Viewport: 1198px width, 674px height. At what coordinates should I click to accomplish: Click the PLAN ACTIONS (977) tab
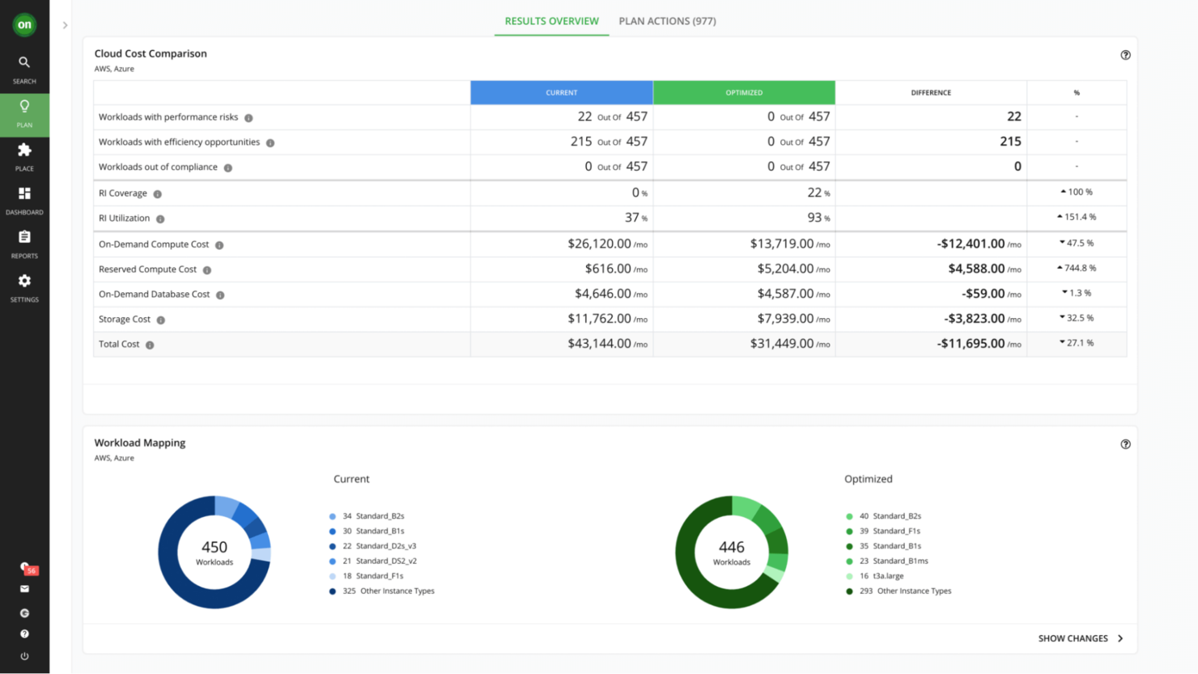667,21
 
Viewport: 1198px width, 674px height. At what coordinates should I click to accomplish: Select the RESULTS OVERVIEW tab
551,21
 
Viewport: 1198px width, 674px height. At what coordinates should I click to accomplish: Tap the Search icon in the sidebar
24,62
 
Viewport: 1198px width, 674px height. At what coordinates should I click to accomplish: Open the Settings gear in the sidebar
24,281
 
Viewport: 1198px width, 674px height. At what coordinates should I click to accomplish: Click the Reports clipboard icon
24,237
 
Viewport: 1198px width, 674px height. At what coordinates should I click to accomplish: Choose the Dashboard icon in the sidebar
24,193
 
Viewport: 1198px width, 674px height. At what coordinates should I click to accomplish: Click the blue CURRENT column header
561,92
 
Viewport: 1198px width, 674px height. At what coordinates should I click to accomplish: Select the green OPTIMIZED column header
744,92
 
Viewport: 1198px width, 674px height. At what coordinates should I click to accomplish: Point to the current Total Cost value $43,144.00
599,344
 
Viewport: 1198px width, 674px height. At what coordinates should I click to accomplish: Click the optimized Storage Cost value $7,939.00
785,319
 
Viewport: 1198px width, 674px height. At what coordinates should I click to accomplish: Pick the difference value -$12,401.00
971,244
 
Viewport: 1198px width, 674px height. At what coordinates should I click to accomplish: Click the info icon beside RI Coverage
158,194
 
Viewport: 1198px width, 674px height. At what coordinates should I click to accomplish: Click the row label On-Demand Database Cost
154,295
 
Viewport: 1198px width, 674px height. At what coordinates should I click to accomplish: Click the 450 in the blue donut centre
215,548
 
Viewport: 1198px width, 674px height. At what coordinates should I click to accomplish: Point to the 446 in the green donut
731,548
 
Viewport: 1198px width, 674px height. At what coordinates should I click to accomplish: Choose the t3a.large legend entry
888,576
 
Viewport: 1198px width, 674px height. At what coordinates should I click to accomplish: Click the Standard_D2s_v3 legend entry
385,546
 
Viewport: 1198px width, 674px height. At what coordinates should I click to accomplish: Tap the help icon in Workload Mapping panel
1125,444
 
